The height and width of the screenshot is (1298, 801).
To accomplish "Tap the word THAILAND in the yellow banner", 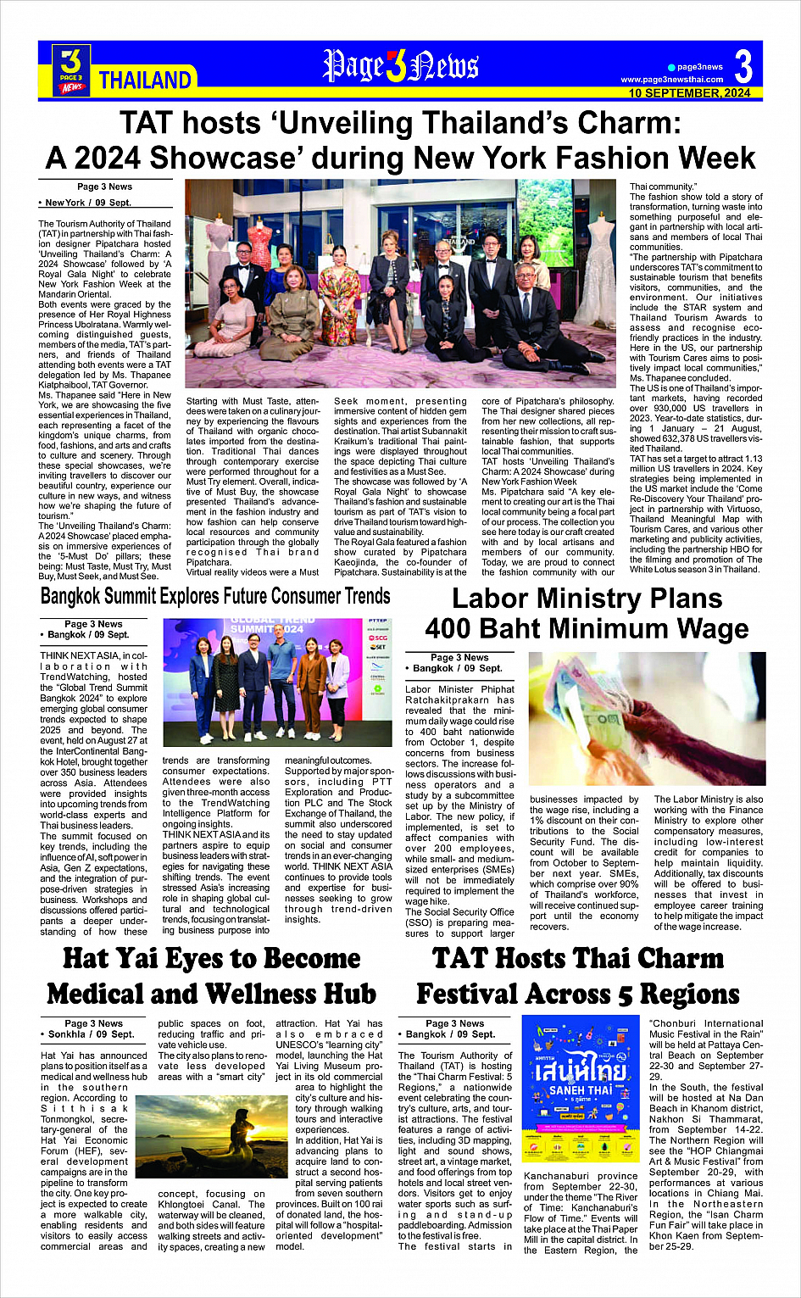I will (x=145, y=81).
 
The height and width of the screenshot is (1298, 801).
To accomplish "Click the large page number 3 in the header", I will (x=743, y=66).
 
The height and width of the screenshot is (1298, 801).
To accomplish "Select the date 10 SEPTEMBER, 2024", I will (x=689, y=93).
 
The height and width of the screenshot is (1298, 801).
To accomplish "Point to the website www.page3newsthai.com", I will (x=671, y=80).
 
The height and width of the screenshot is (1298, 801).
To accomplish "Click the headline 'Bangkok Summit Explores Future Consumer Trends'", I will (x=215, y=596).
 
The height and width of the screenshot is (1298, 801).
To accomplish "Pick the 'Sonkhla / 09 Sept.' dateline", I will (x=87, y=1034).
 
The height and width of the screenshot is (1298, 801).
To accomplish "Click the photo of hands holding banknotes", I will (x=646, y=719).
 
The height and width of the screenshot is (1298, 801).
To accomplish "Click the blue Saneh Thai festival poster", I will (x=580, y=1088).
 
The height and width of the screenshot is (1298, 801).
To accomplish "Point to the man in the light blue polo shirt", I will (x=285, y=684).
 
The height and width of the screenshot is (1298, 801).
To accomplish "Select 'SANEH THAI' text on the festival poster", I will (x=580, y=1090).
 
